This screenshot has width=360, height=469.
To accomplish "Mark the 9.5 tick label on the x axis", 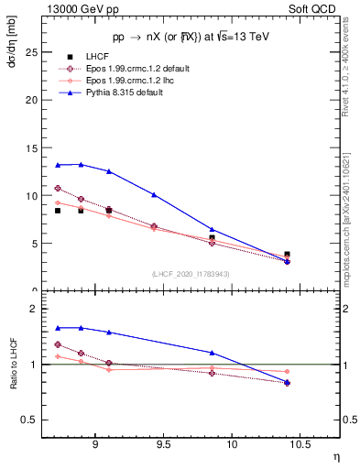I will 163,446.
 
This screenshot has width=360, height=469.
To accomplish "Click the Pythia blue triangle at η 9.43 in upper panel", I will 154,194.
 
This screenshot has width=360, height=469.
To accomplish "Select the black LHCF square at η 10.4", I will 287,254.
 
